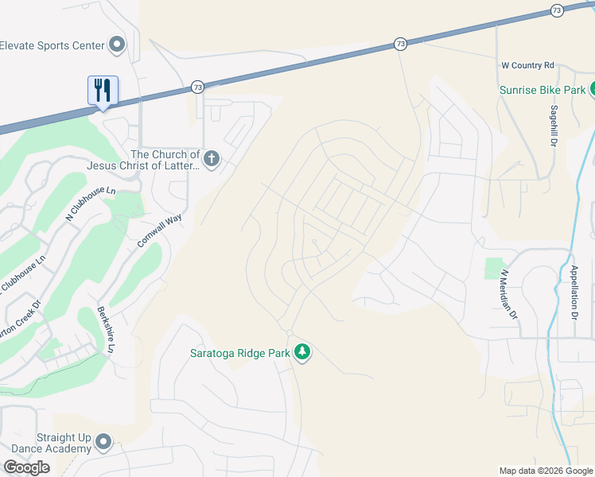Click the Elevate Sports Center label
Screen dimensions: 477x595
52,45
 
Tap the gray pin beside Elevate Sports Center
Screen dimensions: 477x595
118,45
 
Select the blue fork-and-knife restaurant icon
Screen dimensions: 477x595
103,91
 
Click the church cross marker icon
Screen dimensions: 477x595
211,160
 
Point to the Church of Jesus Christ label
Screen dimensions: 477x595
165,160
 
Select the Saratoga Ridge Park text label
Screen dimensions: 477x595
239,352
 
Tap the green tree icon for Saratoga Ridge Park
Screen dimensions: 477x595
301,351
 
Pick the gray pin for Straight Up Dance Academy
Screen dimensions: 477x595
103,442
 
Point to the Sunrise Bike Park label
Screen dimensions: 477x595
542,90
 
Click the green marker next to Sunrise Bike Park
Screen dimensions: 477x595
591,89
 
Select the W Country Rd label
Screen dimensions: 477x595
527,65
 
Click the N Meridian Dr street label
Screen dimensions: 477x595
507,295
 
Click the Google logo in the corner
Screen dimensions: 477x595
26,467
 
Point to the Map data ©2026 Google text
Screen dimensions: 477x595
546,471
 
